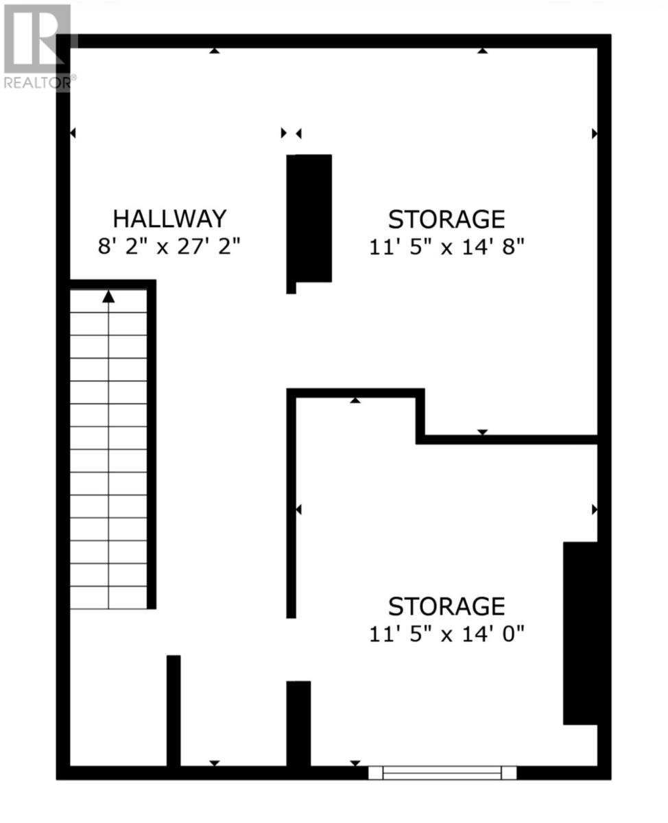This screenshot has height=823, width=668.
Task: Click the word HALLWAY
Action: (169, 219)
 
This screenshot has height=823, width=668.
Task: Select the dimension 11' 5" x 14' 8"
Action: (446, 247)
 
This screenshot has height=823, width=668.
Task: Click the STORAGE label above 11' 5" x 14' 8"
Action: (446, 219)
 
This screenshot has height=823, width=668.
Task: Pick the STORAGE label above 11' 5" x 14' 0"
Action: (446, 606)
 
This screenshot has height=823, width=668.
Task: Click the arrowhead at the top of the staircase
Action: (108, 297)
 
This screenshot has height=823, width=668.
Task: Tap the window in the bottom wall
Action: (442, 773)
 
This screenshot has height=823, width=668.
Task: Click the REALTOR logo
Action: (37, 45)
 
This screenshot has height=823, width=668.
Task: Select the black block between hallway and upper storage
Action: (310, 218)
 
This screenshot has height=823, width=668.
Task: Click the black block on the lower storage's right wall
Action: (580, 632)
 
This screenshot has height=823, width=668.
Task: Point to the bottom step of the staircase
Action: (108, 597)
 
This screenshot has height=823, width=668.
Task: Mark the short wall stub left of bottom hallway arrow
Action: (174, 710)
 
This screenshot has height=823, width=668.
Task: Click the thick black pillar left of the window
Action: (298, 723)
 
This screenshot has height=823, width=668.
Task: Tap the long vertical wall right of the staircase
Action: (152, 444)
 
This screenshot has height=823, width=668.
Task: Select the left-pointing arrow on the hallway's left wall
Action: (73, 133)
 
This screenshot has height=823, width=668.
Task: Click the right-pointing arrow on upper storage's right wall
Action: (594, 133)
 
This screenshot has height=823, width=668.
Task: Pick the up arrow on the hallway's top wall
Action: (215, 50)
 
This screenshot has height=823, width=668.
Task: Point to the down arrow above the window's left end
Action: (355, 763)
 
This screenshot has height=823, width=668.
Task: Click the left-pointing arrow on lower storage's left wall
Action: (298, 510)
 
